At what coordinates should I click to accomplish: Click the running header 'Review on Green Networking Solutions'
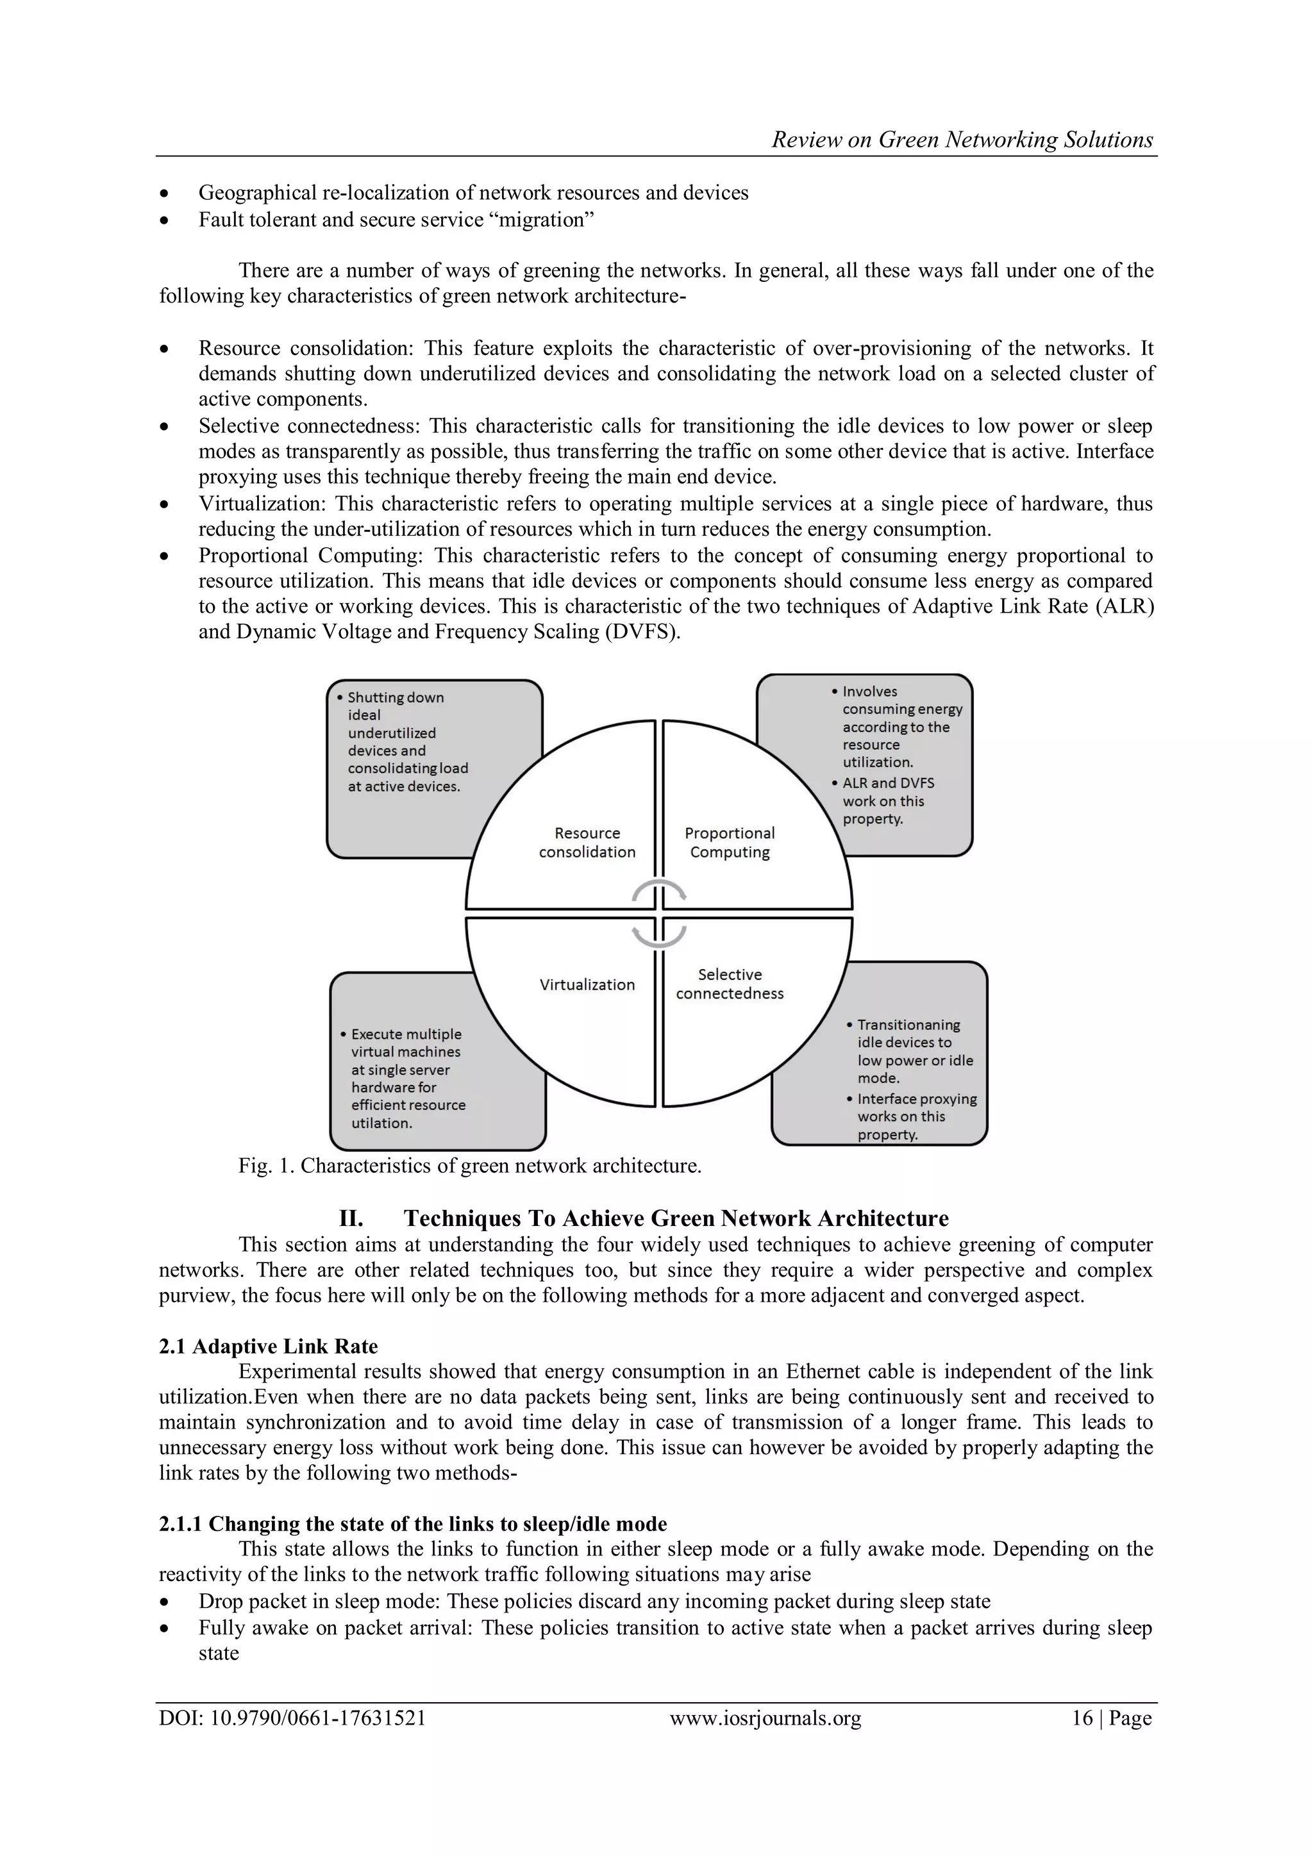click(x=962, y=140)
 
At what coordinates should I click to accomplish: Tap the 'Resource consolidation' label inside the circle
click(x=587, y=842)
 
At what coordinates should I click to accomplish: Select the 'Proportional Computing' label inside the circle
click(x=729, y=842)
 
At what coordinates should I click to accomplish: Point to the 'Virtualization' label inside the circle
click(x=587, y=984)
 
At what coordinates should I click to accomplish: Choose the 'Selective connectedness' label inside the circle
click(x=729, y=984)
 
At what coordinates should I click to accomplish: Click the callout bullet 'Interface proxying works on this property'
click(x=916, y=1116)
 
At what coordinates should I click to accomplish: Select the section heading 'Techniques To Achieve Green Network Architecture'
click(x=676, y=1218)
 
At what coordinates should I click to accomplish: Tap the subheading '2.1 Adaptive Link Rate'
click(x=269, y=1346)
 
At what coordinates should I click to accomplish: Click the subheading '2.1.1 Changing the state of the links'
click(x=412, y=1524)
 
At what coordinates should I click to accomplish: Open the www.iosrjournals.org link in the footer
click(x=765, y=1718)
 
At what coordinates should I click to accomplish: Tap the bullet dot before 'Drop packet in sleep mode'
click(x=165, y=1602)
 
